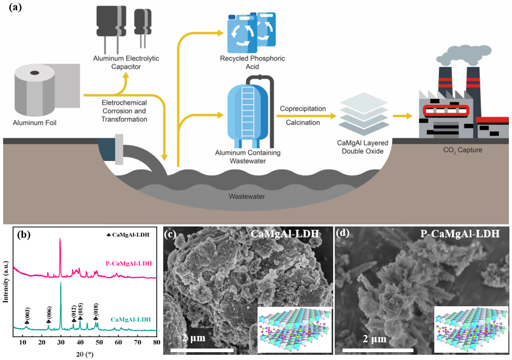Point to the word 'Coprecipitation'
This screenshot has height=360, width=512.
pyautogui.click(x=303, y=109)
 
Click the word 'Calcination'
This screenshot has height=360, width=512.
pyautogui.click(x=303, y=122)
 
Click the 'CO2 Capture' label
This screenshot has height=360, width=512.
pyautogui.click(x=452, y=150)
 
